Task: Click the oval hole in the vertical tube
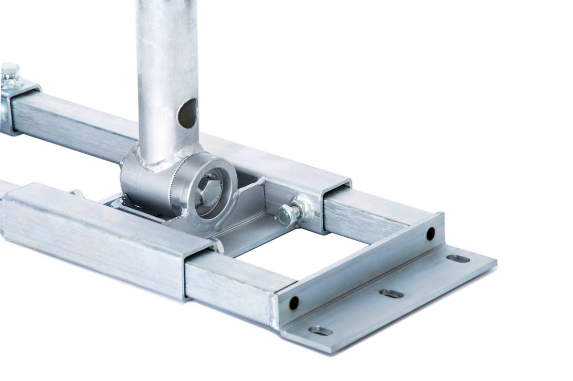(x=187, y=113)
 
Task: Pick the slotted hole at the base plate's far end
(x=458, y=258)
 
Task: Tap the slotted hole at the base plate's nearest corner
(x=320, y=330)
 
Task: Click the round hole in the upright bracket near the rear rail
(x=430, y=233)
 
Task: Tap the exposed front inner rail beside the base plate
(x=229, y=282)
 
